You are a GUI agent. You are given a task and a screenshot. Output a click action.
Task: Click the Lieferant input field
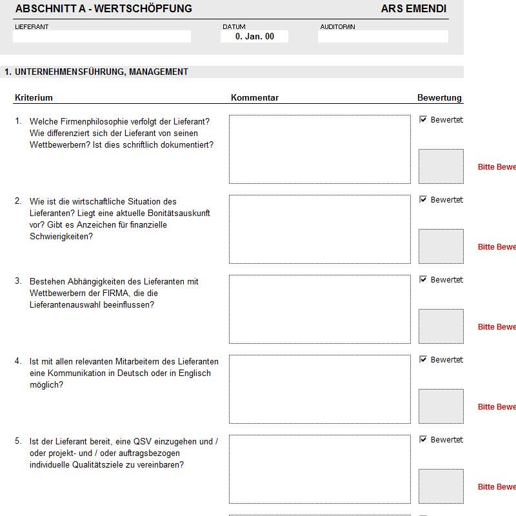tap(102, 37)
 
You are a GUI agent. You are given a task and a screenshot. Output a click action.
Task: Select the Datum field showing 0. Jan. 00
tap(254, 37)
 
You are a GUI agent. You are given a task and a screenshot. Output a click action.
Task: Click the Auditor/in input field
tap(382, 37)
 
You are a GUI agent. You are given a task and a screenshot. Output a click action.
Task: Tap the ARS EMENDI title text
tap(413, 9)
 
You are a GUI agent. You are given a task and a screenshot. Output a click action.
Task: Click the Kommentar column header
tap(255, 98)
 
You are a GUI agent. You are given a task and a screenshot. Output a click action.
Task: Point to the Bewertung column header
tap(439, 98)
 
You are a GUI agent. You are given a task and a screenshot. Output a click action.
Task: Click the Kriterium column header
tap(34, 98)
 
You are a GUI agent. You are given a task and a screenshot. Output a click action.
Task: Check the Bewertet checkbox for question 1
tap(423, 119)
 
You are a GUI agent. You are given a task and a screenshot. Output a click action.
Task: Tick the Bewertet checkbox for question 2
tap(423, 199)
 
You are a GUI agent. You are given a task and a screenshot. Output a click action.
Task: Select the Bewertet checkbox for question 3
tap(423, 279)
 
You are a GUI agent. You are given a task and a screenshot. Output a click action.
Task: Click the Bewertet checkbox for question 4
tap(423, 359)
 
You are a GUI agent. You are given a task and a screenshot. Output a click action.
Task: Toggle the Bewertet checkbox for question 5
tap(423, 439)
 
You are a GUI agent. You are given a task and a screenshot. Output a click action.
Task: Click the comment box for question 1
tap(319, 149)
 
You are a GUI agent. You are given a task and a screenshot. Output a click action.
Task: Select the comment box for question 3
tap(319, 309)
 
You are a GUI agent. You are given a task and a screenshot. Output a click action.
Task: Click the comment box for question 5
tap(319, 469)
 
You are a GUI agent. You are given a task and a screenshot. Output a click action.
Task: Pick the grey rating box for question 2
tap(441, 246)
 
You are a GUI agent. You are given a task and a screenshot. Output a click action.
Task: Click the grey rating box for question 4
tap(441, 406)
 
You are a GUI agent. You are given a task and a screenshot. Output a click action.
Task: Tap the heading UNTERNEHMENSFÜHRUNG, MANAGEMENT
tap(101, 72)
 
